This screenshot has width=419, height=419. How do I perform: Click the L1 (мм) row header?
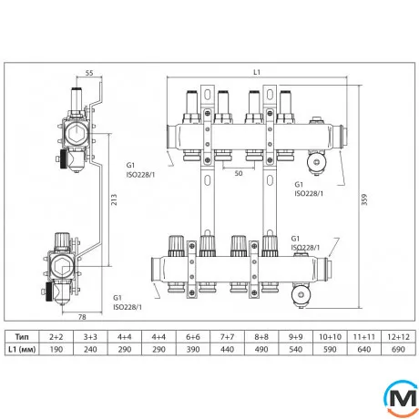click(35, 350)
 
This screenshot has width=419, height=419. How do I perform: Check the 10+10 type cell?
click(325, 336)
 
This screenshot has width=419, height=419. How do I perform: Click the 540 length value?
click(294, 350)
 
